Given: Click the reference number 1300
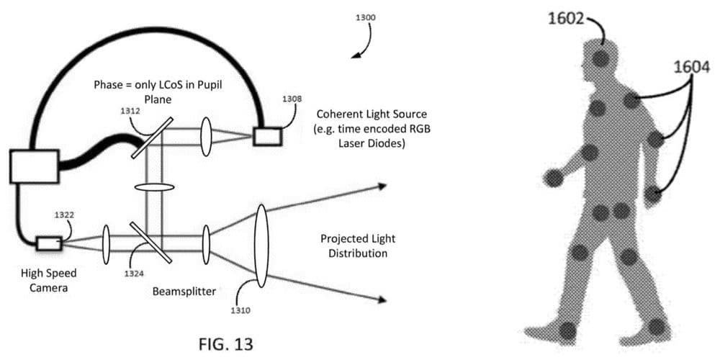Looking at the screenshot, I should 365,17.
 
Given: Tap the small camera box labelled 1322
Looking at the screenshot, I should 48,243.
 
